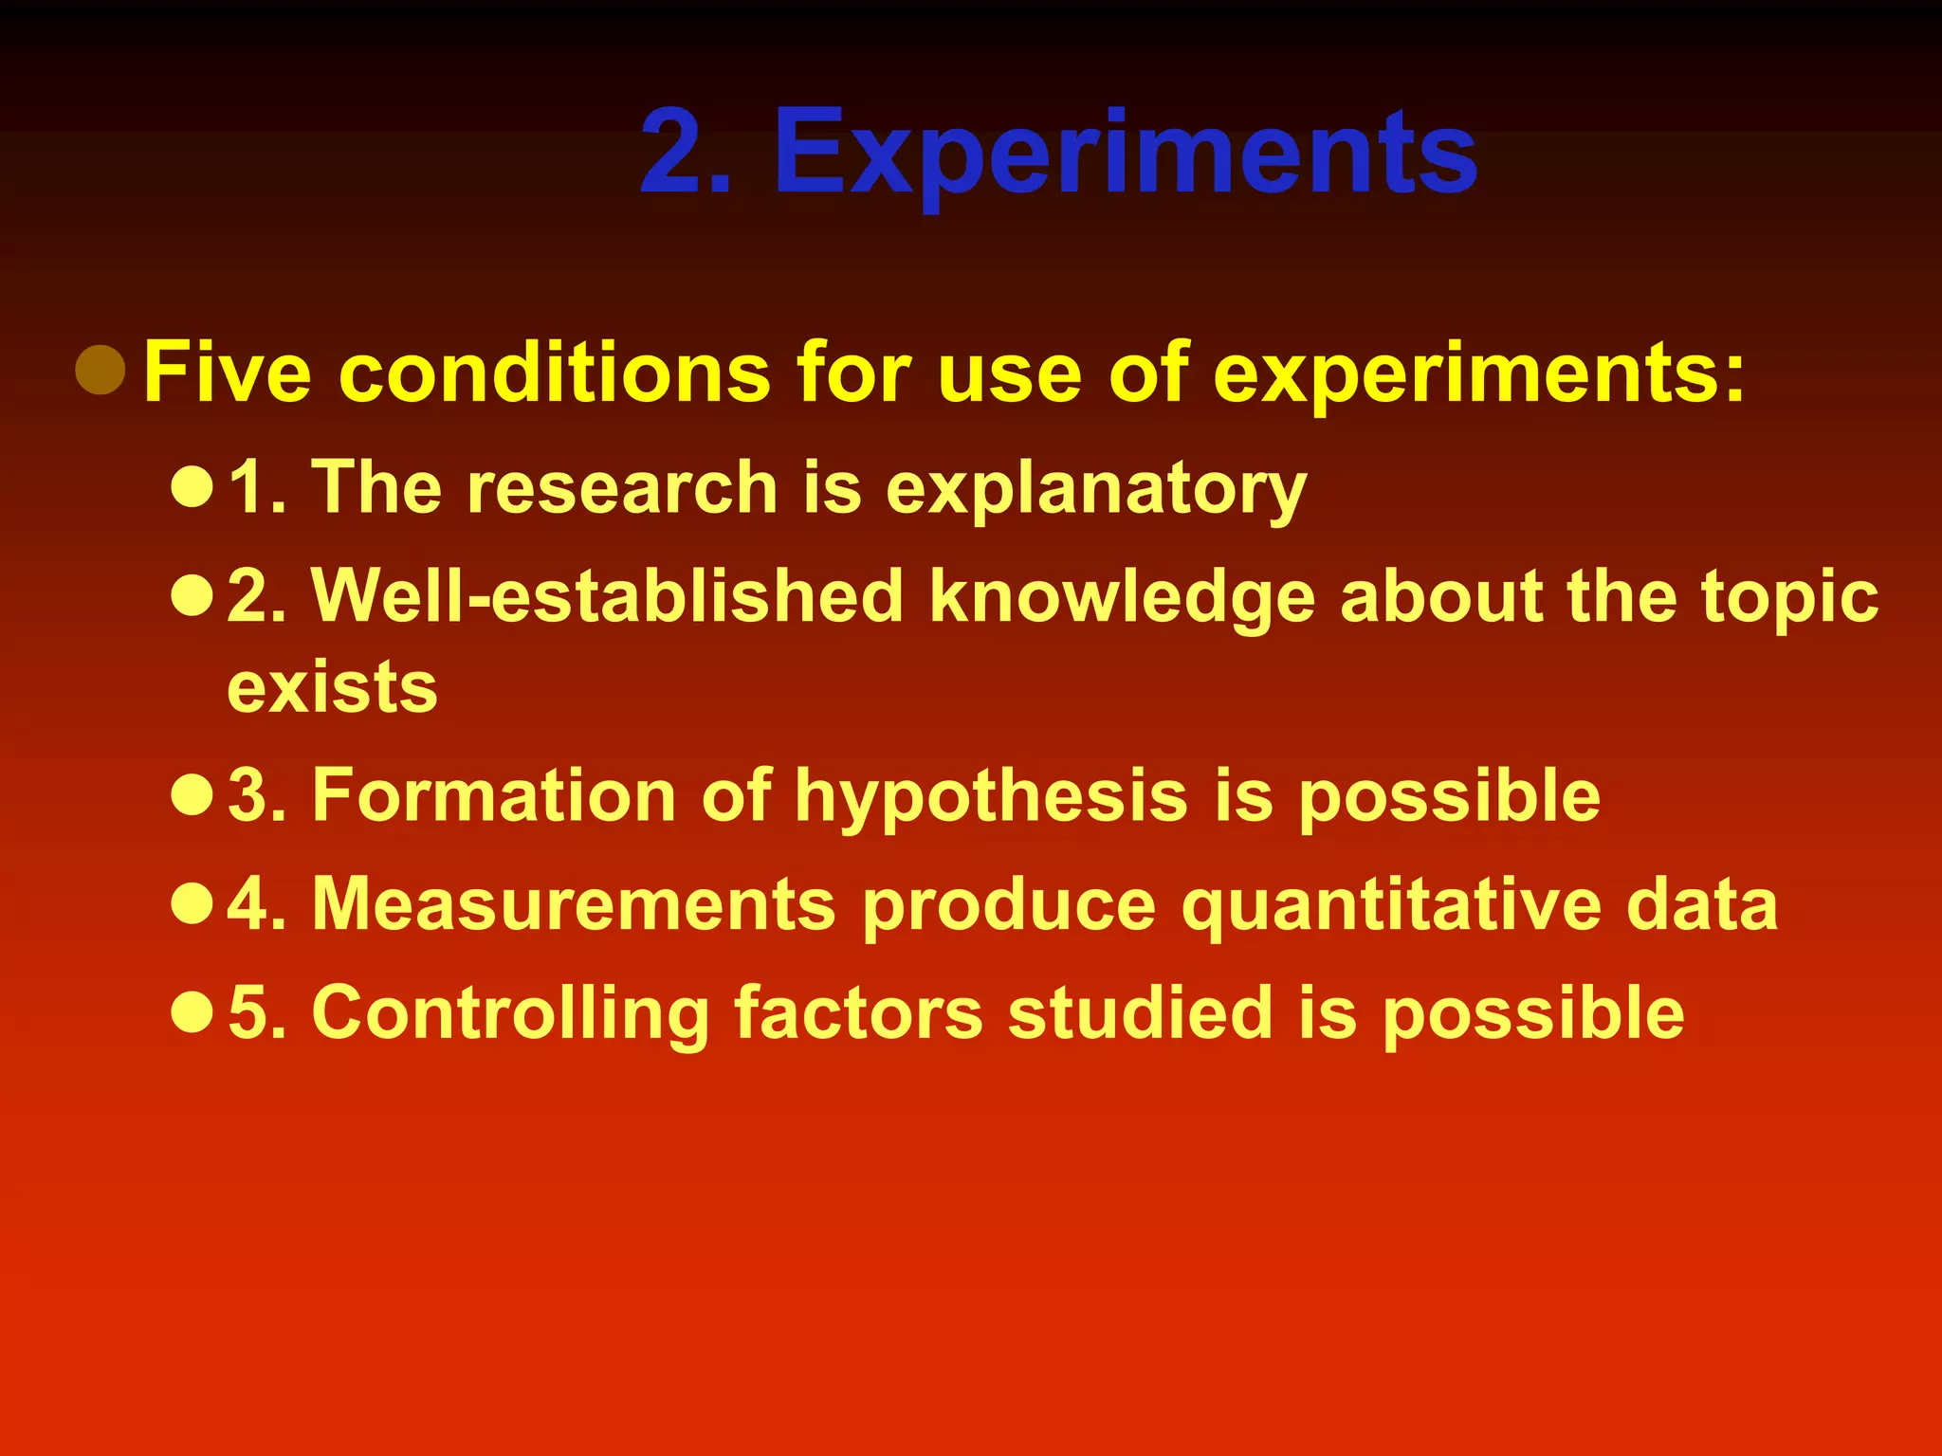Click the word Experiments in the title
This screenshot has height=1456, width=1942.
tap(1126, 154)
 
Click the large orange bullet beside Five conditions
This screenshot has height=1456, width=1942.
tap(101, 370)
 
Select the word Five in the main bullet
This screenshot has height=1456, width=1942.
tap(228, 373)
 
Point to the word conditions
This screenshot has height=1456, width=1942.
tap(555, 373)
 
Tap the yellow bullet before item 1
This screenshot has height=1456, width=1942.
tap(192, 486)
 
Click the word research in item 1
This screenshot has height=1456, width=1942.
tap(622, 487)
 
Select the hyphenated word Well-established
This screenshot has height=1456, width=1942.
tap(608, 596)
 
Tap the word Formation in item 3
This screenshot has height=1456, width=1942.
tap(494, 795)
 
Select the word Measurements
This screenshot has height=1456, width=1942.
tap(574, 904)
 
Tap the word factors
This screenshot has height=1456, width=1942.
tap(858, 1013)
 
